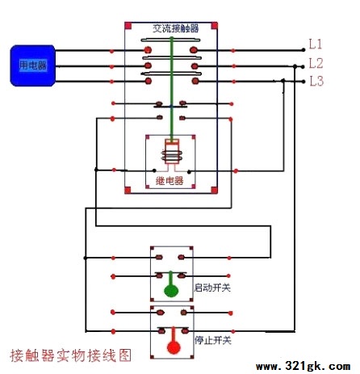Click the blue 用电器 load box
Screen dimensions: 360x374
(x=33, y=65)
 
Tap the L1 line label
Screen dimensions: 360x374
(x=315, y=44)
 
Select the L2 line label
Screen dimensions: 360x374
(x=316, y=64)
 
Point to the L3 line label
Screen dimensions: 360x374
(x=316, y=81)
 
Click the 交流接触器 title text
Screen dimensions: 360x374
(x=176, y=28)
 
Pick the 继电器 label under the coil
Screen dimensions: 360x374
(x=170, y=181)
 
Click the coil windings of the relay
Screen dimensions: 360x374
(x=172, y=156)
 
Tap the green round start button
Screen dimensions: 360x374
(x=171, y=291)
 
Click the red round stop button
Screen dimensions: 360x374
(x=174, y=347)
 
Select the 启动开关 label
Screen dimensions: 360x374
(x=212, y=288)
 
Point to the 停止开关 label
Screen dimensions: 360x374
(x=213, y=340)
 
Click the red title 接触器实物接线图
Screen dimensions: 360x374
(x=70, y=355)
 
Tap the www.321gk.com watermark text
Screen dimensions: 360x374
(x=303, y=366)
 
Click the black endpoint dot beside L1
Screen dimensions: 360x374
(x=303, y=50)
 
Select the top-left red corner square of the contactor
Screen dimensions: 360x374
(x=128, y=26)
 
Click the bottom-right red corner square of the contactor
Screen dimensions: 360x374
(x=214, y=190)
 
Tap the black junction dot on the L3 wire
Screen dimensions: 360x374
(x=283, y=81)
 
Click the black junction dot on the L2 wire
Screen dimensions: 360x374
(x=295, y=66)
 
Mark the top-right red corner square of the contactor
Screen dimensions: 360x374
(x=215, y=26)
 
